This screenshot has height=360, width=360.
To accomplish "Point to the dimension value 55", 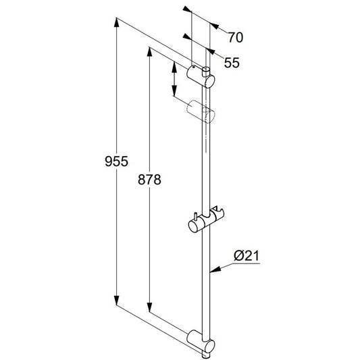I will (x=232, y=63).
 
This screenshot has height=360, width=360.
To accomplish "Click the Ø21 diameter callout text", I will (x=247, y=256).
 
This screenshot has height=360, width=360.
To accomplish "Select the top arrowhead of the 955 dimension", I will (x=117, y=22).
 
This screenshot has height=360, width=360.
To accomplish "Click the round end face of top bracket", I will (x=211, y=82).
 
